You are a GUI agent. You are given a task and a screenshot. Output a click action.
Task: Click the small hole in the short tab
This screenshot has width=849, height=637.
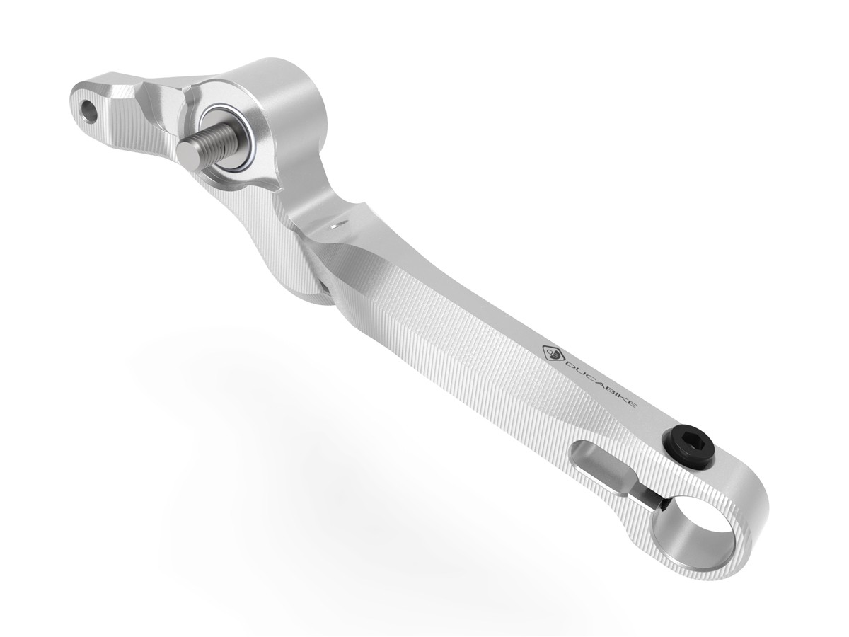click(89, 109)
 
